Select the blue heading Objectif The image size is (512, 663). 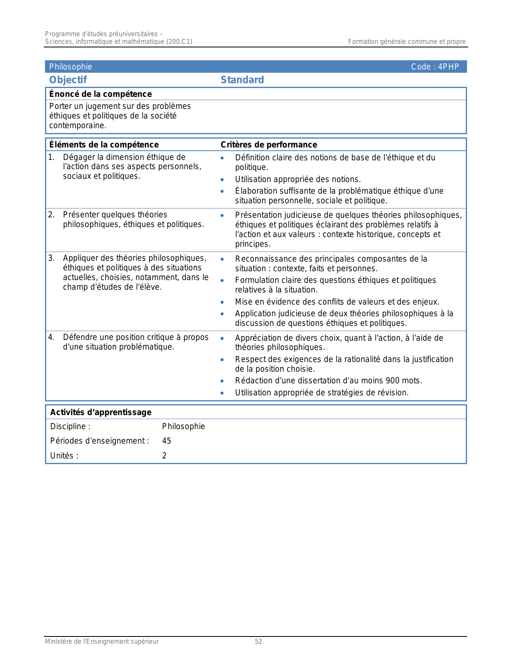pyautogui.click(x=68, y=80)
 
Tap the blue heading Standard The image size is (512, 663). pyautogui.click(x=242, y=80)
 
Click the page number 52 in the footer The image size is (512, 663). pyautogui.click(x=258, y=642)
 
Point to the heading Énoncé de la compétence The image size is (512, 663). pyautogui.click(x=100, y=94)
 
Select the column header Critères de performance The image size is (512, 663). pyautogui.click(x=269, y=145)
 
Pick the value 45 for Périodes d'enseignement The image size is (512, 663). pyautogui.click(x=167, y=441)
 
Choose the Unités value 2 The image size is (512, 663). pyautogui.click(x=164, y=456)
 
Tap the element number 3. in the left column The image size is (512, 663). pyautogui.click(x=51, y=258)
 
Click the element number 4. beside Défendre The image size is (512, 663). pyautogui.click(x=51, y=337)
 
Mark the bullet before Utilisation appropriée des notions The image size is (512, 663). pyautogui.click(x=222, y=180)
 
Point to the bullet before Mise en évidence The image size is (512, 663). pyautogui.click(x=222, y=302)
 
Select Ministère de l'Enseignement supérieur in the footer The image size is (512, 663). pyautogui.click(x=102, y=642)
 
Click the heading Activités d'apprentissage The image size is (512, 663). pyautogui.click(x=101, y=412)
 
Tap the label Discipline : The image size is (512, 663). pyautogui.click(x=70, y=426)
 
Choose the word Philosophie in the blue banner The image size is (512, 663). pyautogui.click(x=71, y=67)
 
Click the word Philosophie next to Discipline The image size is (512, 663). pyautogui.click(x=184, y=426)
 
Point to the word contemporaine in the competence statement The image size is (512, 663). pyautogui.click(x=78, y=125)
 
